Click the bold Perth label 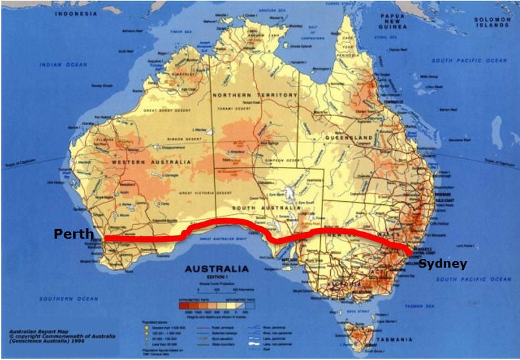[x=73, y=234]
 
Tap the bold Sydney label [x=442, y=264]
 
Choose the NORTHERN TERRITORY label [x=255, y=96]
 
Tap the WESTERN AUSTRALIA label [x=152, y=162]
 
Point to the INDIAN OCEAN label [x=63, y=65]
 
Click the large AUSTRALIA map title [x=217, y=269]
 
